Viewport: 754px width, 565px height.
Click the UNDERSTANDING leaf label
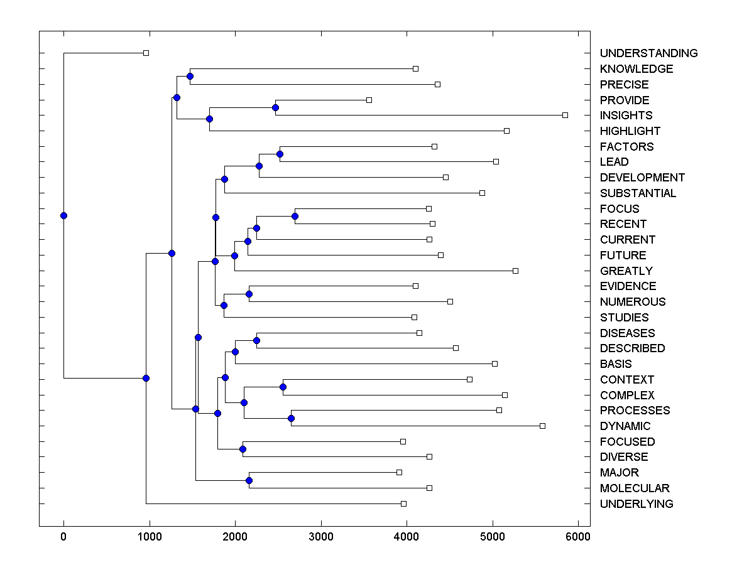(x=648, y=53)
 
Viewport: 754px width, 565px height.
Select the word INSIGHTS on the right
(x=626, y=116)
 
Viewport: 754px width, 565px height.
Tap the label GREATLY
(x=626, y=271)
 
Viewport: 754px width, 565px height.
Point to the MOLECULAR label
(x=635, y=488)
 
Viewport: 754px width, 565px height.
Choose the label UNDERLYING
(x=637, y=504)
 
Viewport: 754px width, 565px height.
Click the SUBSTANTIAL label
(x=638, y=193)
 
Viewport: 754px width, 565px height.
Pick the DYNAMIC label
(x=625, y=426)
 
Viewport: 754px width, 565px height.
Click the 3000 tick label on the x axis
(x=321, y=537)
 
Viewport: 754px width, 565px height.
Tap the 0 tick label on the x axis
(x=63, y=537)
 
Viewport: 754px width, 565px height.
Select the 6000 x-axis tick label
(x=578, y=537)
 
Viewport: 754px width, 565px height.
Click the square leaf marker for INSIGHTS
(x=565, y=115)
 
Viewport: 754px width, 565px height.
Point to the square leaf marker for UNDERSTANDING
(x=146, y=53)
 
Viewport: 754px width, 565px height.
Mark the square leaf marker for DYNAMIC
(x=542, y=426)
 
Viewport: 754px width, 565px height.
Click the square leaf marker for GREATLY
(x=515, y=271)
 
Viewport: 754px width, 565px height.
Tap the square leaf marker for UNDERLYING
(x=403, y=503)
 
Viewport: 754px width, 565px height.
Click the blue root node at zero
(x=63, y=215)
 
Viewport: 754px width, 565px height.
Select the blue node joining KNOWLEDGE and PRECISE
(x=190, y=76)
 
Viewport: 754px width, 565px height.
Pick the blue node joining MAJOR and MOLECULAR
(x=249, y=480)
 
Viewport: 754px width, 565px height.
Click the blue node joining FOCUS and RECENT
(x=295, y=216)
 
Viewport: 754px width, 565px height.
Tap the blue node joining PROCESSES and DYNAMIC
(x=291, y=418)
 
